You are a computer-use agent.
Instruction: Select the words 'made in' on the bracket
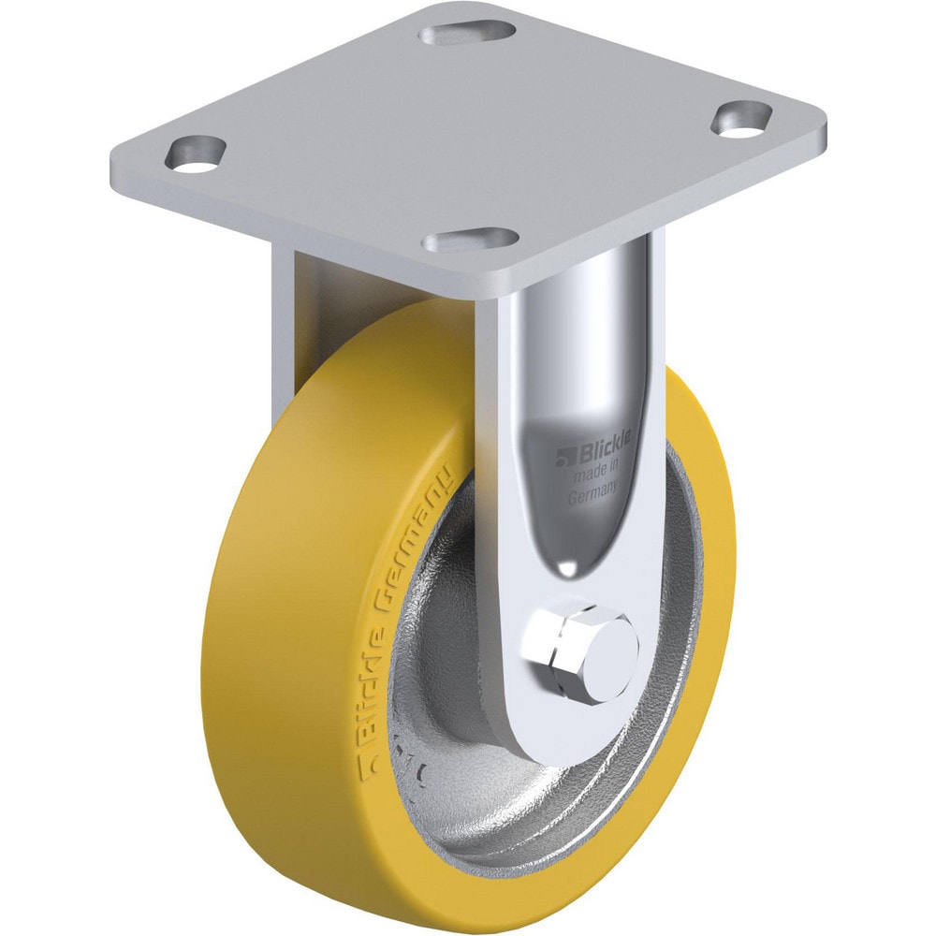pyautogui.click(x=596, y=479)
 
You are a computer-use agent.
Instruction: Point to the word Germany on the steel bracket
pyautogui.click(x=594, y=497)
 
